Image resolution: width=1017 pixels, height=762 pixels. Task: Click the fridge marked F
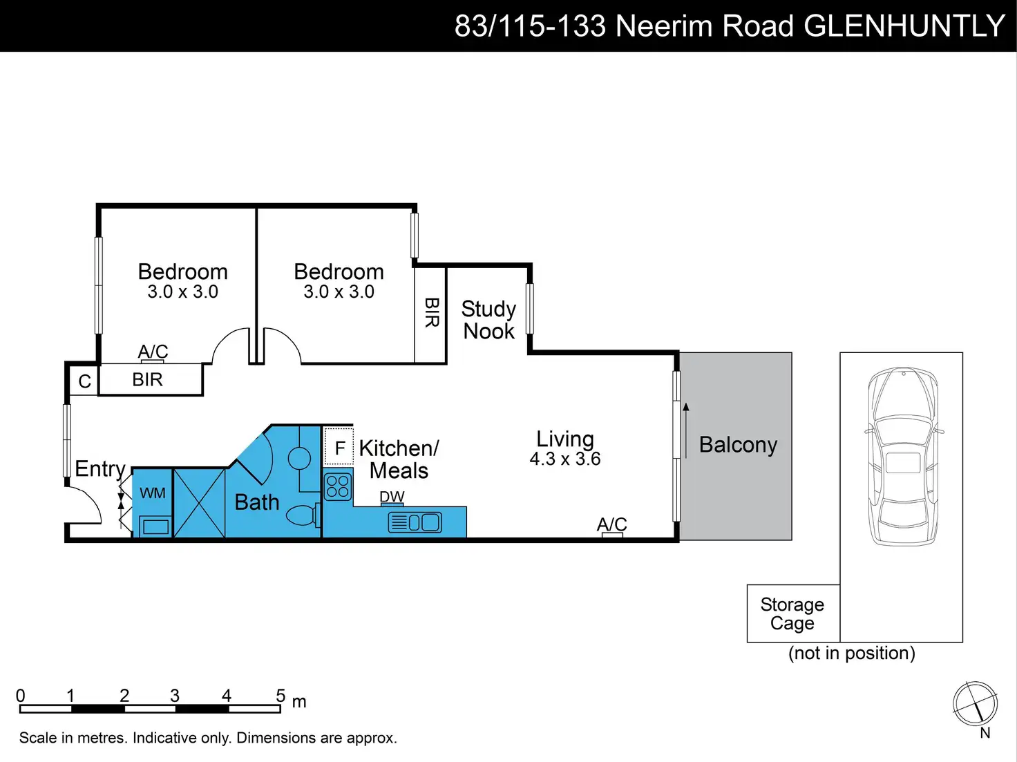pos(339,446)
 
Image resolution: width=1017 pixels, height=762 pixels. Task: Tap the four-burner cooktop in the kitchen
pos(338,486)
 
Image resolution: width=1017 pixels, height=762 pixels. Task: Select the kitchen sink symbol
pos(415,522)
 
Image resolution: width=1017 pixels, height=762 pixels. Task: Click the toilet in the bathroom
pos(303,515)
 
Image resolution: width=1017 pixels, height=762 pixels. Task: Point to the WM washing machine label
pos(153,493)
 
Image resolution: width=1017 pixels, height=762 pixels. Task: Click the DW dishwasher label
pos(392,497)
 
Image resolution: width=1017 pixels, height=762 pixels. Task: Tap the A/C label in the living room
pos(611,524)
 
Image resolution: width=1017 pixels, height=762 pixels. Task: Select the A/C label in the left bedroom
pos(153,352)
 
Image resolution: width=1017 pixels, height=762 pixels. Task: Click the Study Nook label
pos(488,320)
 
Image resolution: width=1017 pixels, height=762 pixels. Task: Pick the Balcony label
pos(738,445)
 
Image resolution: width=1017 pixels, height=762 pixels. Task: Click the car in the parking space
pos(904,457)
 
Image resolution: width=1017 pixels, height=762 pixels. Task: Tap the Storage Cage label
pos(792,613)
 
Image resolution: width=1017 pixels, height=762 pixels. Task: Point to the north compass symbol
pos(976,704)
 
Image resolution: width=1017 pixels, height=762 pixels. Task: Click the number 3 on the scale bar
pos(175,695)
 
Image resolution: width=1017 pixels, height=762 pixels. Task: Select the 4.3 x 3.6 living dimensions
pos(564,459)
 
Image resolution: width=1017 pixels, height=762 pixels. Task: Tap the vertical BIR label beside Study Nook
pos(432,313)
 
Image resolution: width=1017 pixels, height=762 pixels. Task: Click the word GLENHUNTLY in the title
pos(904,26)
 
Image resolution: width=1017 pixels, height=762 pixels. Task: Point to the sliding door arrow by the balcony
pos(686,430)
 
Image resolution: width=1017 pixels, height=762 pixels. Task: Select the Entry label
pos(100,469)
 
